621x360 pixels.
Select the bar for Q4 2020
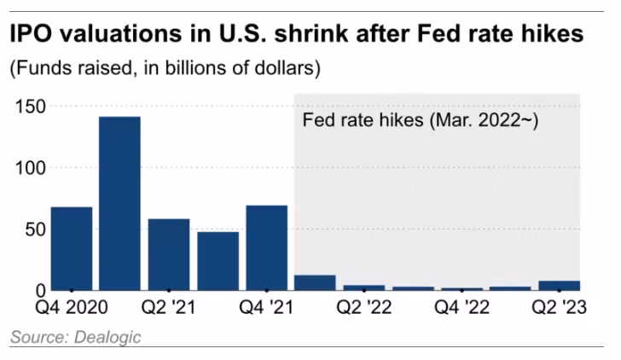click(71, 248)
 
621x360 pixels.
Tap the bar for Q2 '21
click(169, 254)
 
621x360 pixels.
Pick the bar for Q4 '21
click(266, 247)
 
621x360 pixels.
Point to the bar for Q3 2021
click(218, 260)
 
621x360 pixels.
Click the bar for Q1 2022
click(315, 282)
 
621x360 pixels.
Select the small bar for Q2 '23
click(559, 285)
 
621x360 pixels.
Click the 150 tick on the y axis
click(30, 107)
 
